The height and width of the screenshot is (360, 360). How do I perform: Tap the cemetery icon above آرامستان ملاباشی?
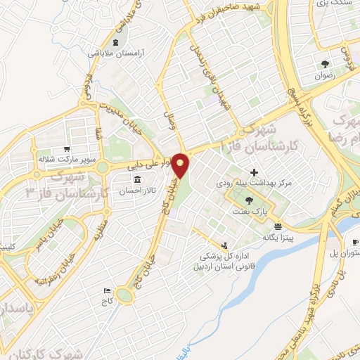115,43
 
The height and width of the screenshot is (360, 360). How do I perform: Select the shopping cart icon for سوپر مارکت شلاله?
66,149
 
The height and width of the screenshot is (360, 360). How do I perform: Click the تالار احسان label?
136,191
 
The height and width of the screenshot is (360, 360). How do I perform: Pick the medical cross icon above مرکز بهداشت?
254,172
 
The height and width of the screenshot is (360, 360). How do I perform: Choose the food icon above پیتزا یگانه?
279,226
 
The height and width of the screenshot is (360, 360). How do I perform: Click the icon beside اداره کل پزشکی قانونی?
224,245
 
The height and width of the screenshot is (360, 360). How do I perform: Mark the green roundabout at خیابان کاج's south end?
124,296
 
